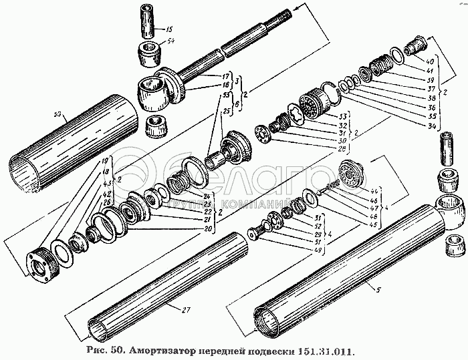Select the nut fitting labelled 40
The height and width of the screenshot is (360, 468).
click(x=415, y=45)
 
